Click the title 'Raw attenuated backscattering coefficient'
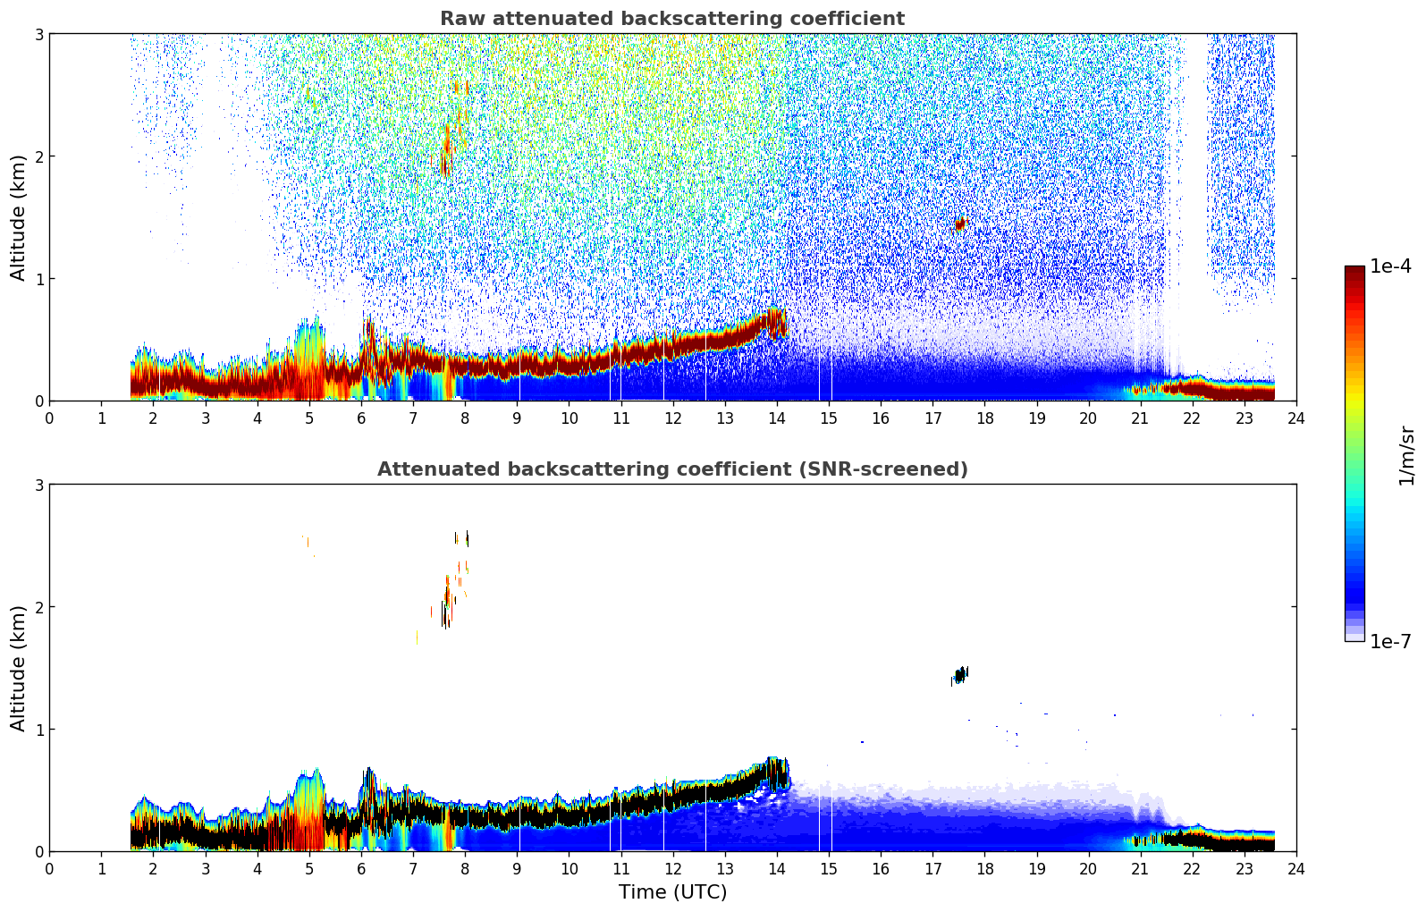pyautogui.click(x=671, y=19)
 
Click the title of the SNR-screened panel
pyautogui.click(x=671, y=469)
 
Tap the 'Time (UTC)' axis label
pyautogui.click(x=672, y=892)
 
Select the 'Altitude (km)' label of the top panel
pyautogui.click(x=19, y=217)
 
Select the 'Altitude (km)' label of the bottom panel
pyautogui.click(x=19, y=668)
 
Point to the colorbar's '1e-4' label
pyautogui.click(x=1390, y=266)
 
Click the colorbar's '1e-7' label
pyautogui.click(x=1390, y=642)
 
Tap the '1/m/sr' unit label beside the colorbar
pyautogui.click(x=1406, y=455)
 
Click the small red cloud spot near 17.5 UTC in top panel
pyautogui.click(x=960, y=224)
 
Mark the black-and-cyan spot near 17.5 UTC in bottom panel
pyautogui.click(x=960, y=675)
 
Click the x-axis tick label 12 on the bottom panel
pyautogui.click(x=672, y=869)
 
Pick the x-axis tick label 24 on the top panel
pyautogui.click(x=1295, y=418)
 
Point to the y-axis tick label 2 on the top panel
pyautogui.click(x=39, y=156)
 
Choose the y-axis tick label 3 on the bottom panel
pyautogui.click(x=39, y=485)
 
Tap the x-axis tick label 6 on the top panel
pyautogui.click(x=361, y=418)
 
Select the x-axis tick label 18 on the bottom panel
pyautogui.click(x=984, y=869)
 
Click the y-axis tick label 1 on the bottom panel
pyautogui.click(x=39, y=730)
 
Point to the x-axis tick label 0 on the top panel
pyautogui.click(x=49, y=418)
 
